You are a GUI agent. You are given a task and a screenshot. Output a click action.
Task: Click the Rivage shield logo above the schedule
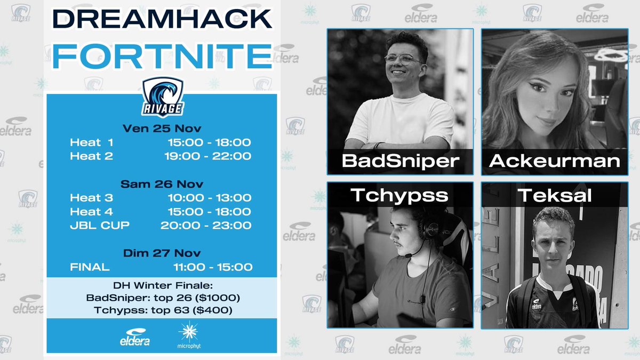pos(163,96)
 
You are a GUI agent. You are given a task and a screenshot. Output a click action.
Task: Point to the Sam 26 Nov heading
pos(162,184)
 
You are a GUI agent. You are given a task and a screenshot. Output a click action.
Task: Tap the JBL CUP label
pos(99,225)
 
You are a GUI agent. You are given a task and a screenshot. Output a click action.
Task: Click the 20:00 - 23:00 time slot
pos(206,225)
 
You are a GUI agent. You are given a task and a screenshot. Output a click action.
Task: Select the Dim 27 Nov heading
pos(162,253)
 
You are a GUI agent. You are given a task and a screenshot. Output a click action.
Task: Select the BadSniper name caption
pos(400,161)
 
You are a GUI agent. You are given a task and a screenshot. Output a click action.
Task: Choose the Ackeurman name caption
pos(554,161)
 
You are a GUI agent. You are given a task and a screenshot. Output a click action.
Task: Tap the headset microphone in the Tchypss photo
pos(408,255)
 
